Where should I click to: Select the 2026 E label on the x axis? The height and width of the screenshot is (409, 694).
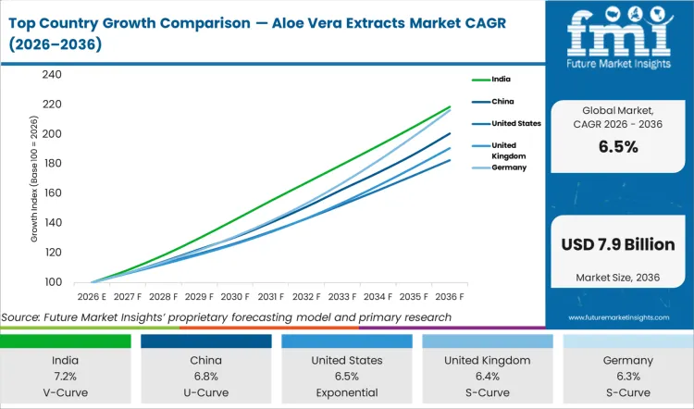coord(93,297)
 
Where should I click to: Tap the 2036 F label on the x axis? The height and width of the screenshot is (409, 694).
coord(448,297)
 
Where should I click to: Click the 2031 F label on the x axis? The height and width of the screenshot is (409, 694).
coord(270,297)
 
